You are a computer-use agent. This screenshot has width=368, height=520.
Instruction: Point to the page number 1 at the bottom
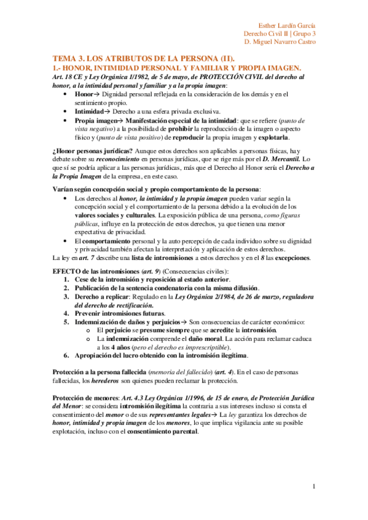[314, 487]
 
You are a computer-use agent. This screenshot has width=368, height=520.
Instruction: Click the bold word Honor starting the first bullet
[84, 95]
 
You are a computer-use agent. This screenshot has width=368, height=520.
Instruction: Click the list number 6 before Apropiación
[66, 356]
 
